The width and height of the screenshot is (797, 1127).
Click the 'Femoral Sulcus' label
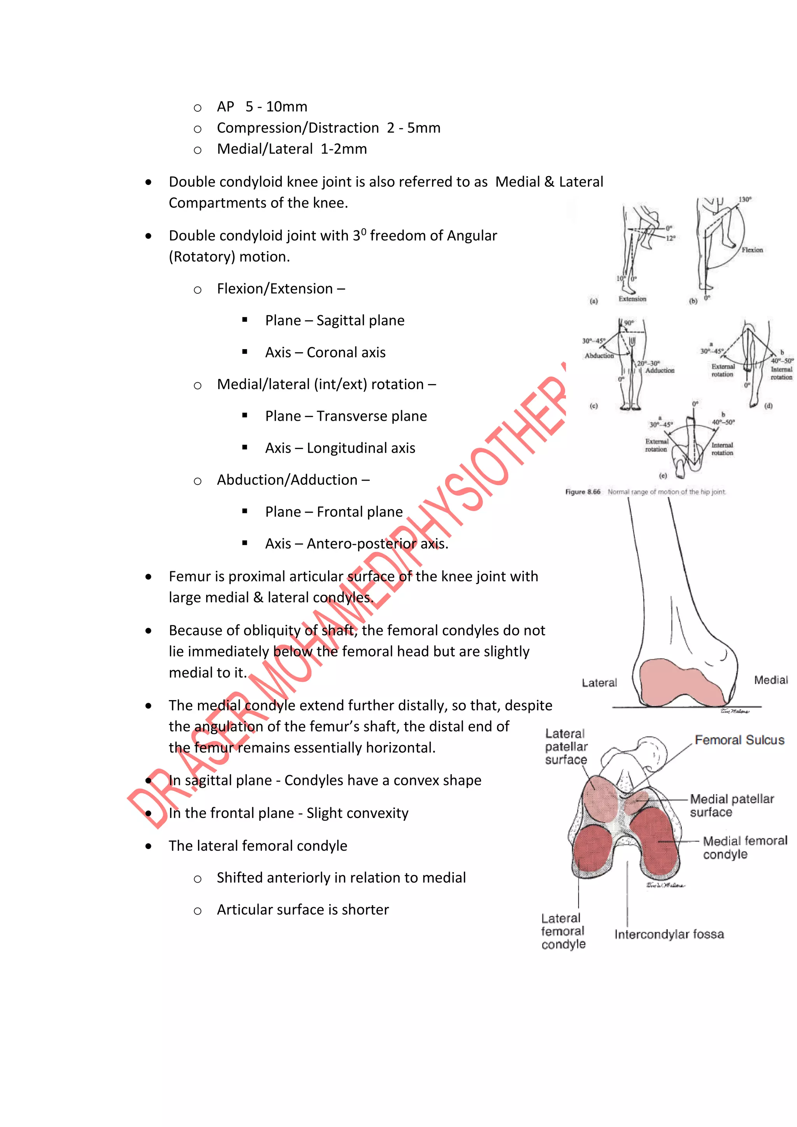click(x=739, y=740)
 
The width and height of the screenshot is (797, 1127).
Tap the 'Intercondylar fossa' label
click(x=669, y=934)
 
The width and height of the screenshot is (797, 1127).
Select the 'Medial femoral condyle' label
click(x=744, y=848)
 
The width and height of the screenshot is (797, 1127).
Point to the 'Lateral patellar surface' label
click(x=566, y=746)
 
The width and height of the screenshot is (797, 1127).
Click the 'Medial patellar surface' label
click(x=732, y=806)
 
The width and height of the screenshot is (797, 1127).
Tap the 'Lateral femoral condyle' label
click(x=563, y=931)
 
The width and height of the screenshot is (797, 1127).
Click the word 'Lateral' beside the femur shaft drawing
click(x=599, y=683)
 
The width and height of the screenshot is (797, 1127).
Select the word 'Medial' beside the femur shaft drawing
click(x=771, y=680)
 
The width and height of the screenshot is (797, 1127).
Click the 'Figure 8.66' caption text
click(x=583, y=492)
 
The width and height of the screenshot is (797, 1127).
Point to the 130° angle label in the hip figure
click(x=745, y=199)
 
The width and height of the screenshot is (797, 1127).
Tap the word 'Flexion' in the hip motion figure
click(x=752, y=250)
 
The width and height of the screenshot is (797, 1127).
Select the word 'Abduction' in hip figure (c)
click(x=599, y=355)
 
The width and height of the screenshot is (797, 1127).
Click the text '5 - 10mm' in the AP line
click(x=276, y=107)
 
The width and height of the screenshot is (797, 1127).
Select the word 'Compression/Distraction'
click(x=298, y=128)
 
